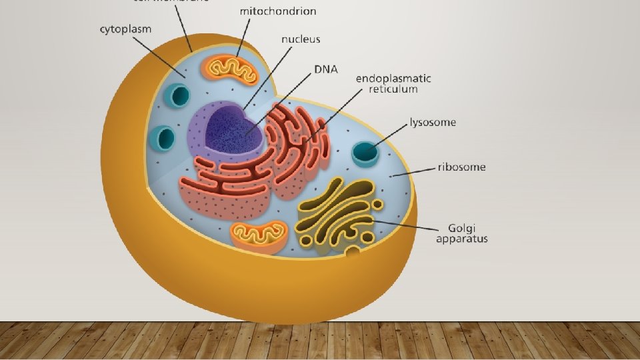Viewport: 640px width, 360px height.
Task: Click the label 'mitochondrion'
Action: (277, 11)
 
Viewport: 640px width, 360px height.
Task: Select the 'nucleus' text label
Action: (300, 39)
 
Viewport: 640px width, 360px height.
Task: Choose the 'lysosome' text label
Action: (433, 123)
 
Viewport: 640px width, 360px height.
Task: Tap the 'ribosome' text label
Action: (461, 167)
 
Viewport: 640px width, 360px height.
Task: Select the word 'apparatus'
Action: (461, 238)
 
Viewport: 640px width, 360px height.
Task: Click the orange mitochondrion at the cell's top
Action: (231, 69)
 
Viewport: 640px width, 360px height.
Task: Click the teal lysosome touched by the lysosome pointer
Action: (365, 153)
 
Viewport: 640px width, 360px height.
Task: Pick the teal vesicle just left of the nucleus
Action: (163, 139)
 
